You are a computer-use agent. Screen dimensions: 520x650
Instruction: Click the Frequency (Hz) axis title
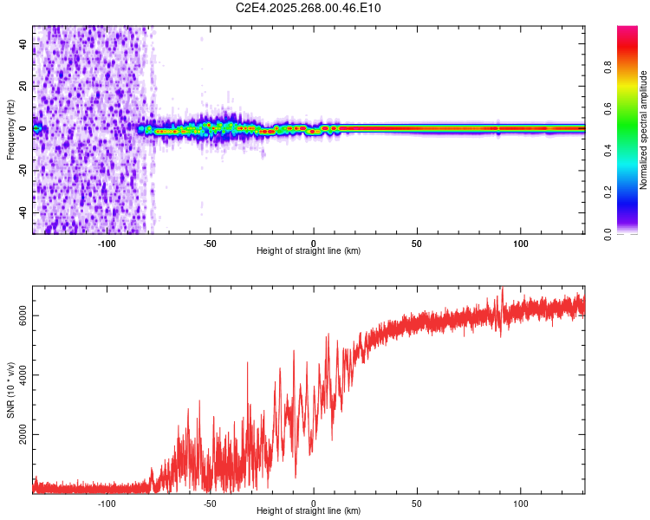[x=10, y=128]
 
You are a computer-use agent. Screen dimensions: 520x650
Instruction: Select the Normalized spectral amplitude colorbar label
[x=643, y=130]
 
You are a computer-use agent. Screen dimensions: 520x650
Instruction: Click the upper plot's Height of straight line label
[x=309, y=250]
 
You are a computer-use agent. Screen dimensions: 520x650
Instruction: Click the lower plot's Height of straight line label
[x=309, y=510]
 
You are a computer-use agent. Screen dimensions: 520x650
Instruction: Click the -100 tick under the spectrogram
[x=107, y=243]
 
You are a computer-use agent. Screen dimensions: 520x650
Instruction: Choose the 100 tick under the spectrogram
[x=521, y=243]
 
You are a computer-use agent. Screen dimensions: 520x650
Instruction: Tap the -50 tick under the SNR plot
[x=211, y=503]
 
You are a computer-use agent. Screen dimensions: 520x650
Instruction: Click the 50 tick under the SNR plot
[x=417, y=503]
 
